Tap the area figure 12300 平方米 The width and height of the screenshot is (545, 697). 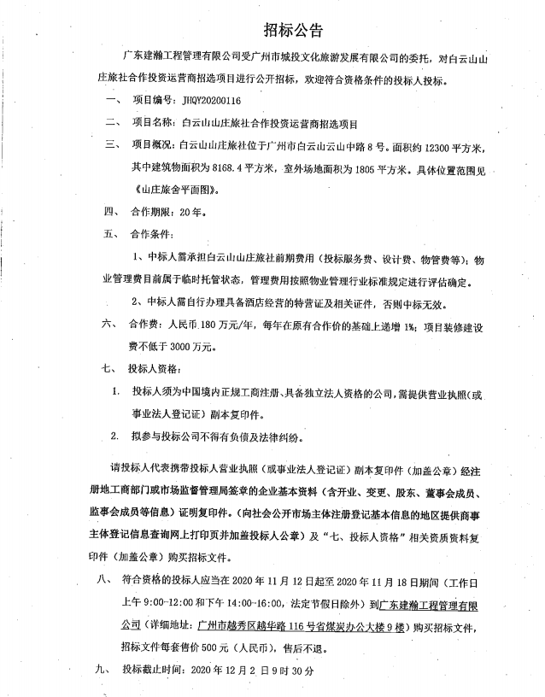tap(473, 144)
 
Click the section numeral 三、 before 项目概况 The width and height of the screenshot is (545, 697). tap(110, 144)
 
